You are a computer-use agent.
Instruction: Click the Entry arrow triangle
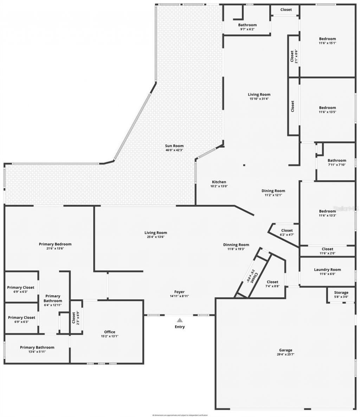180,320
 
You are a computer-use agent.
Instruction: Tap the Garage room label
285,350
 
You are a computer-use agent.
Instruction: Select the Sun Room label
174,146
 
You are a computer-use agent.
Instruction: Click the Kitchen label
219,182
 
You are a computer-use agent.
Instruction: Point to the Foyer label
179,292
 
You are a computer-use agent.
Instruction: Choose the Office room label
110,332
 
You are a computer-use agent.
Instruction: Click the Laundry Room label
327,270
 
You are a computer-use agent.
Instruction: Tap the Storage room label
341,293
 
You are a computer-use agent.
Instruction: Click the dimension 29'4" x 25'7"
285,355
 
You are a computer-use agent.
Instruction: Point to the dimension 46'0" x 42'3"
174,150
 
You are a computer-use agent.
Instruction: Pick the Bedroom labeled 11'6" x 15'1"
327,39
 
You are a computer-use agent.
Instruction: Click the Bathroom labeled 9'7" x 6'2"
247,25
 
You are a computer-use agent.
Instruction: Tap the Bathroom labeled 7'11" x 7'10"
337,160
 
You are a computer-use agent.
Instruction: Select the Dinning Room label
236,245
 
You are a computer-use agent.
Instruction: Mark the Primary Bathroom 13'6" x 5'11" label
37,347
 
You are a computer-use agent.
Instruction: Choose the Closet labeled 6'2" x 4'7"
287,231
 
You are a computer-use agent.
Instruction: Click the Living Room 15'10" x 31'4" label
259,94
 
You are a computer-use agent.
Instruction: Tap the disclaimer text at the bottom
180,415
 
